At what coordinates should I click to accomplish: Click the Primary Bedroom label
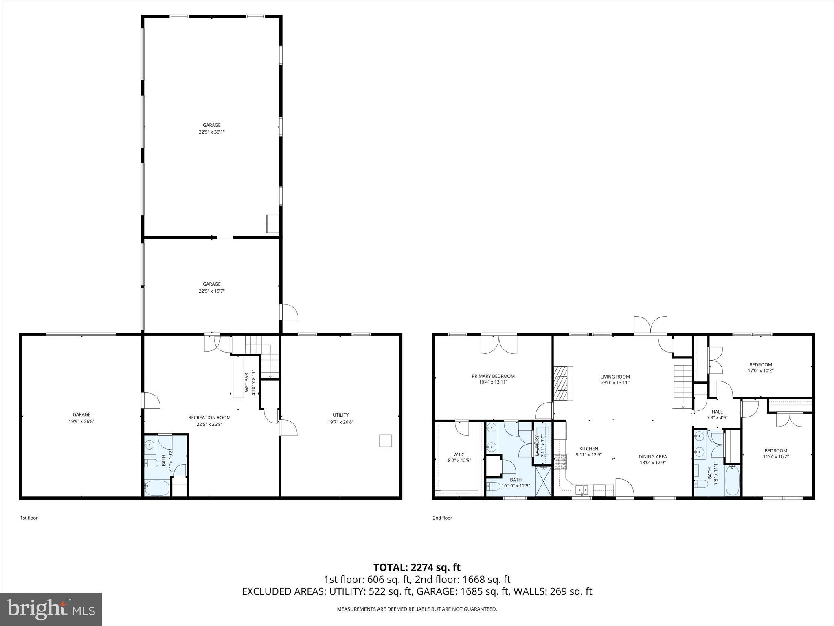point(493,376)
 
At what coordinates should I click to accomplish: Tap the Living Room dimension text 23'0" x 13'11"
point(615,383)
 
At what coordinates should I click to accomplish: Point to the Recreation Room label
point(209,417)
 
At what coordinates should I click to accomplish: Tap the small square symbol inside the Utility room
point(385,441)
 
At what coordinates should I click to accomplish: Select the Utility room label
point(340,415)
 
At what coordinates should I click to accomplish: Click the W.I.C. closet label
point(459,454)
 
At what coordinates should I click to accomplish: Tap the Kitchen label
point(589,449)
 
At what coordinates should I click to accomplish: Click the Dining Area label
point(652,456)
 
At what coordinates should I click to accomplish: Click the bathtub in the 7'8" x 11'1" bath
point(732,481)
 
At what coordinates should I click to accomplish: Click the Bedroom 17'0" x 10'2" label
point(760,365)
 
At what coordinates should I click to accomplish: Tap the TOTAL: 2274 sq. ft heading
point(417,567)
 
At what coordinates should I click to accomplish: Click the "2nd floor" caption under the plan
point(442,518)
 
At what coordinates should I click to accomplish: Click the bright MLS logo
point(51,609)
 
